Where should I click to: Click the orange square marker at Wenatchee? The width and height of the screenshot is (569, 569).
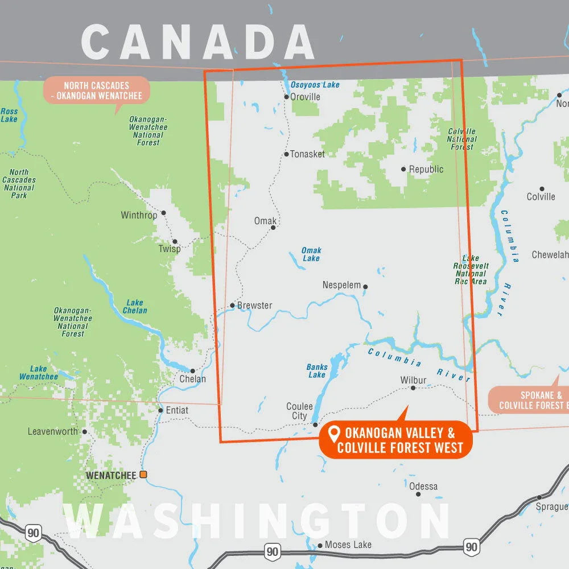coord(143,475)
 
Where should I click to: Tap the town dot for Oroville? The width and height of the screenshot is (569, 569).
coord(287,97)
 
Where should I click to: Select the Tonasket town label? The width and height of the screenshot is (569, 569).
coord(307,154)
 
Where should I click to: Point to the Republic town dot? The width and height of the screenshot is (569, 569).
coord(403,169)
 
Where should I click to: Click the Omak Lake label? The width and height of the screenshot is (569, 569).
coord(311,254)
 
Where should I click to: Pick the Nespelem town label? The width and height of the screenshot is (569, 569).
coord(341,285)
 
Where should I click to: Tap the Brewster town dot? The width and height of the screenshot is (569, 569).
coord(232,306)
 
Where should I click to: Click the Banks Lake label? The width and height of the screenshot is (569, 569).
coord(317,371)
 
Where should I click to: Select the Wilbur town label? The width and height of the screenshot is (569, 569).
coord(413,380)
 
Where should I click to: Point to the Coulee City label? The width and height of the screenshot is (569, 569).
coord(299,411)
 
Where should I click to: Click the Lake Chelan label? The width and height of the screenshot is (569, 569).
coord(135,307)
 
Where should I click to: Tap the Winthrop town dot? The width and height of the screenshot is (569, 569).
coord(163,213)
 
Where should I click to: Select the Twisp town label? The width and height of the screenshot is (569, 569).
coord(169,249)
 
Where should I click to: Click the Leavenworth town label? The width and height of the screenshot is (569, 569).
coord(53,431)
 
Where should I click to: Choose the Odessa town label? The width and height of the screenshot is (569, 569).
coord(423,486)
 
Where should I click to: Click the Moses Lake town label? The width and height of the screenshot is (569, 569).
coord(348,545)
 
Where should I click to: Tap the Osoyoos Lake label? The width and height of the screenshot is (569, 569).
coord(315,85)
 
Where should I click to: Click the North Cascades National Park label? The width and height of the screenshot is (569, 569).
coord(19,184)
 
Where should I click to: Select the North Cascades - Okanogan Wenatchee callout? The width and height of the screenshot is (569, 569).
coord(96,90)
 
